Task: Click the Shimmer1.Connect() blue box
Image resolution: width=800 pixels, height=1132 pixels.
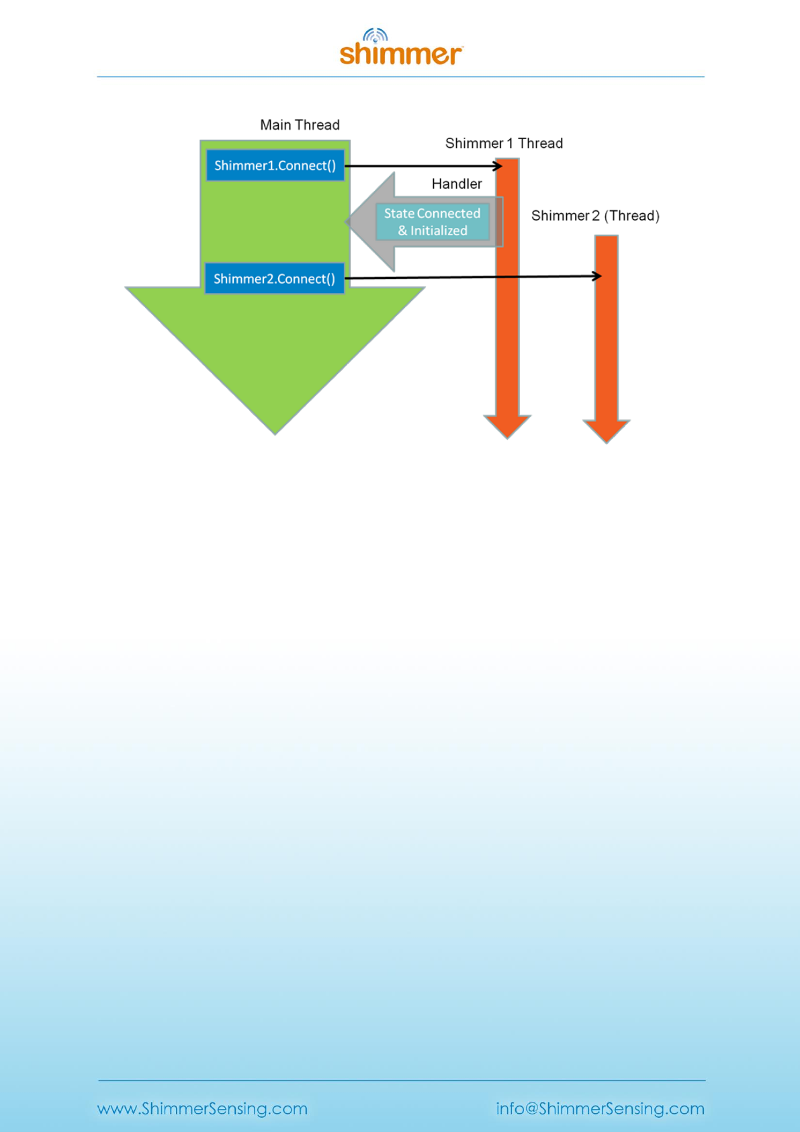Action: [275, 165]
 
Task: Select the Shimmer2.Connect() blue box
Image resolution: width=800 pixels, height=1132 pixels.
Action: [274, 278]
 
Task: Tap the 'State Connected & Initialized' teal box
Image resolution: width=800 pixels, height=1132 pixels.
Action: [432, 222]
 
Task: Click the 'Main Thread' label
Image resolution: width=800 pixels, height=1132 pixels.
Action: [300, 125]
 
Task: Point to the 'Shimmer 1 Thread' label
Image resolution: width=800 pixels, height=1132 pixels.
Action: [504, 143]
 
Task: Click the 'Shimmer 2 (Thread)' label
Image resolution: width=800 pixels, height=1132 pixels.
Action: [595, 216]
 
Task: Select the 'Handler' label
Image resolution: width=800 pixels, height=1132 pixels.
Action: [457, 184]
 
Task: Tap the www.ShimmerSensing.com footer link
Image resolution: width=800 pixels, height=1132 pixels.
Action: [202, 1108]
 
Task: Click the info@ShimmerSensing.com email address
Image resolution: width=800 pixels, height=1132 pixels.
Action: [600, 1108]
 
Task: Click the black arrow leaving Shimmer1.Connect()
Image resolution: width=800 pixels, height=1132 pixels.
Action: [423, 165]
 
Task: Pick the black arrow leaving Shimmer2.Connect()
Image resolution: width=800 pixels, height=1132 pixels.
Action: [470, 277]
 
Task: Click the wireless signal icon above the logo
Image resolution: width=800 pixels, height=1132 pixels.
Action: [375, 35]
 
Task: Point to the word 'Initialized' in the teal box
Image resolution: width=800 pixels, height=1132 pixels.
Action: [439, 231]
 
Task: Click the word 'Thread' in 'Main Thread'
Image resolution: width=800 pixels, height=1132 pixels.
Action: [319, 125]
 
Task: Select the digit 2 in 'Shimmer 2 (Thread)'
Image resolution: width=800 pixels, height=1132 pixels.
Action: [595, 216]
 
